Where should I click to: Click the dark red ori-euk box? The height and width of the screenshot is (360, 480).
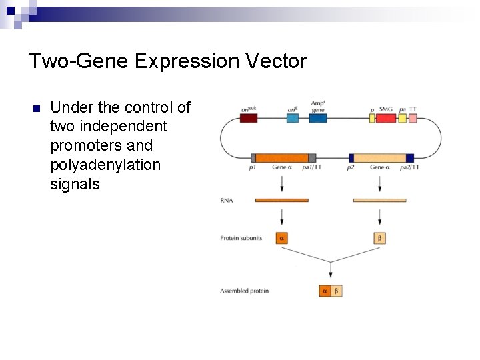pos(248,118)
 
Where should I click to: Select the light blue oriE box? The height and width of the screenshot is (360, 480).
pos(293,118)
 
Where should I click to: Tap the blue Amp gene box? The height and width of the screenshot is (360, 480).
pos(318,118)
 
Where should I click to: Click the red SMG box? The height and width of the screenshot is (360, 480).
pos(386,118)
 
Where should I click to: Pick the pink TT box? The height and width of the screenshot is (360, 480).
pos(413,118)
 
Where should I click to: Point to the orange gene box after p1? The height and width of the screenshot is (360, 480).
pos(281,158)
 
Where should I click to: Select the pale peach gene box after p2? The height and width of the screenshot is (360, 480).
pos(379,158)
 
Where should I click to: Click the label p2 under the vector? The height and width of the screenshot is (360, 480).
pos(351,168)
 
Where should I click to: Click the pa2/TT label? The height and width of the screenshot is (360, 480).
pos(409,168)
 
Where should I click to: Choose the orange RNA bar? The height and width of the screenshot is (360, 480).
pos(281,200)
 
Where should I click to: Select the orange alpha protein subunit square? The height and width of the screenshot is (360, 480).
pos(281,238)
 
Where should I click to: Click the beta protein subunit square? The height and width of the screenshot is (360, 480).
pos(379,238)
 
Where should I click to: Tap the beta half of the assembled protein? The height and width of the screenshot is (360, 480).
pos(336,291)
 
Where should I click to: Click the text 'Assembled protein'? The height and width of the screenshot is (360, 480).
pos(244,291)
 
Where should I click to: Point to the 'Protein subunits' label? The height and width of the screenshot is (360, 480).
pos(241,238)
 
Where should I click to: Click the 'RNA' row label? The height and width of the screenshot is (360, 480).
pos(226,200)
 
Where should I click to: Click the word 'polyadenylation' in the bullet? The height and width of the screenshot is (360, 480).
pos(105,165)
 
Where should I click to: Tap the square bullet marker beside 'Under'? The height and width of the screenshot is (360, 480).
pos(37,109)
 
